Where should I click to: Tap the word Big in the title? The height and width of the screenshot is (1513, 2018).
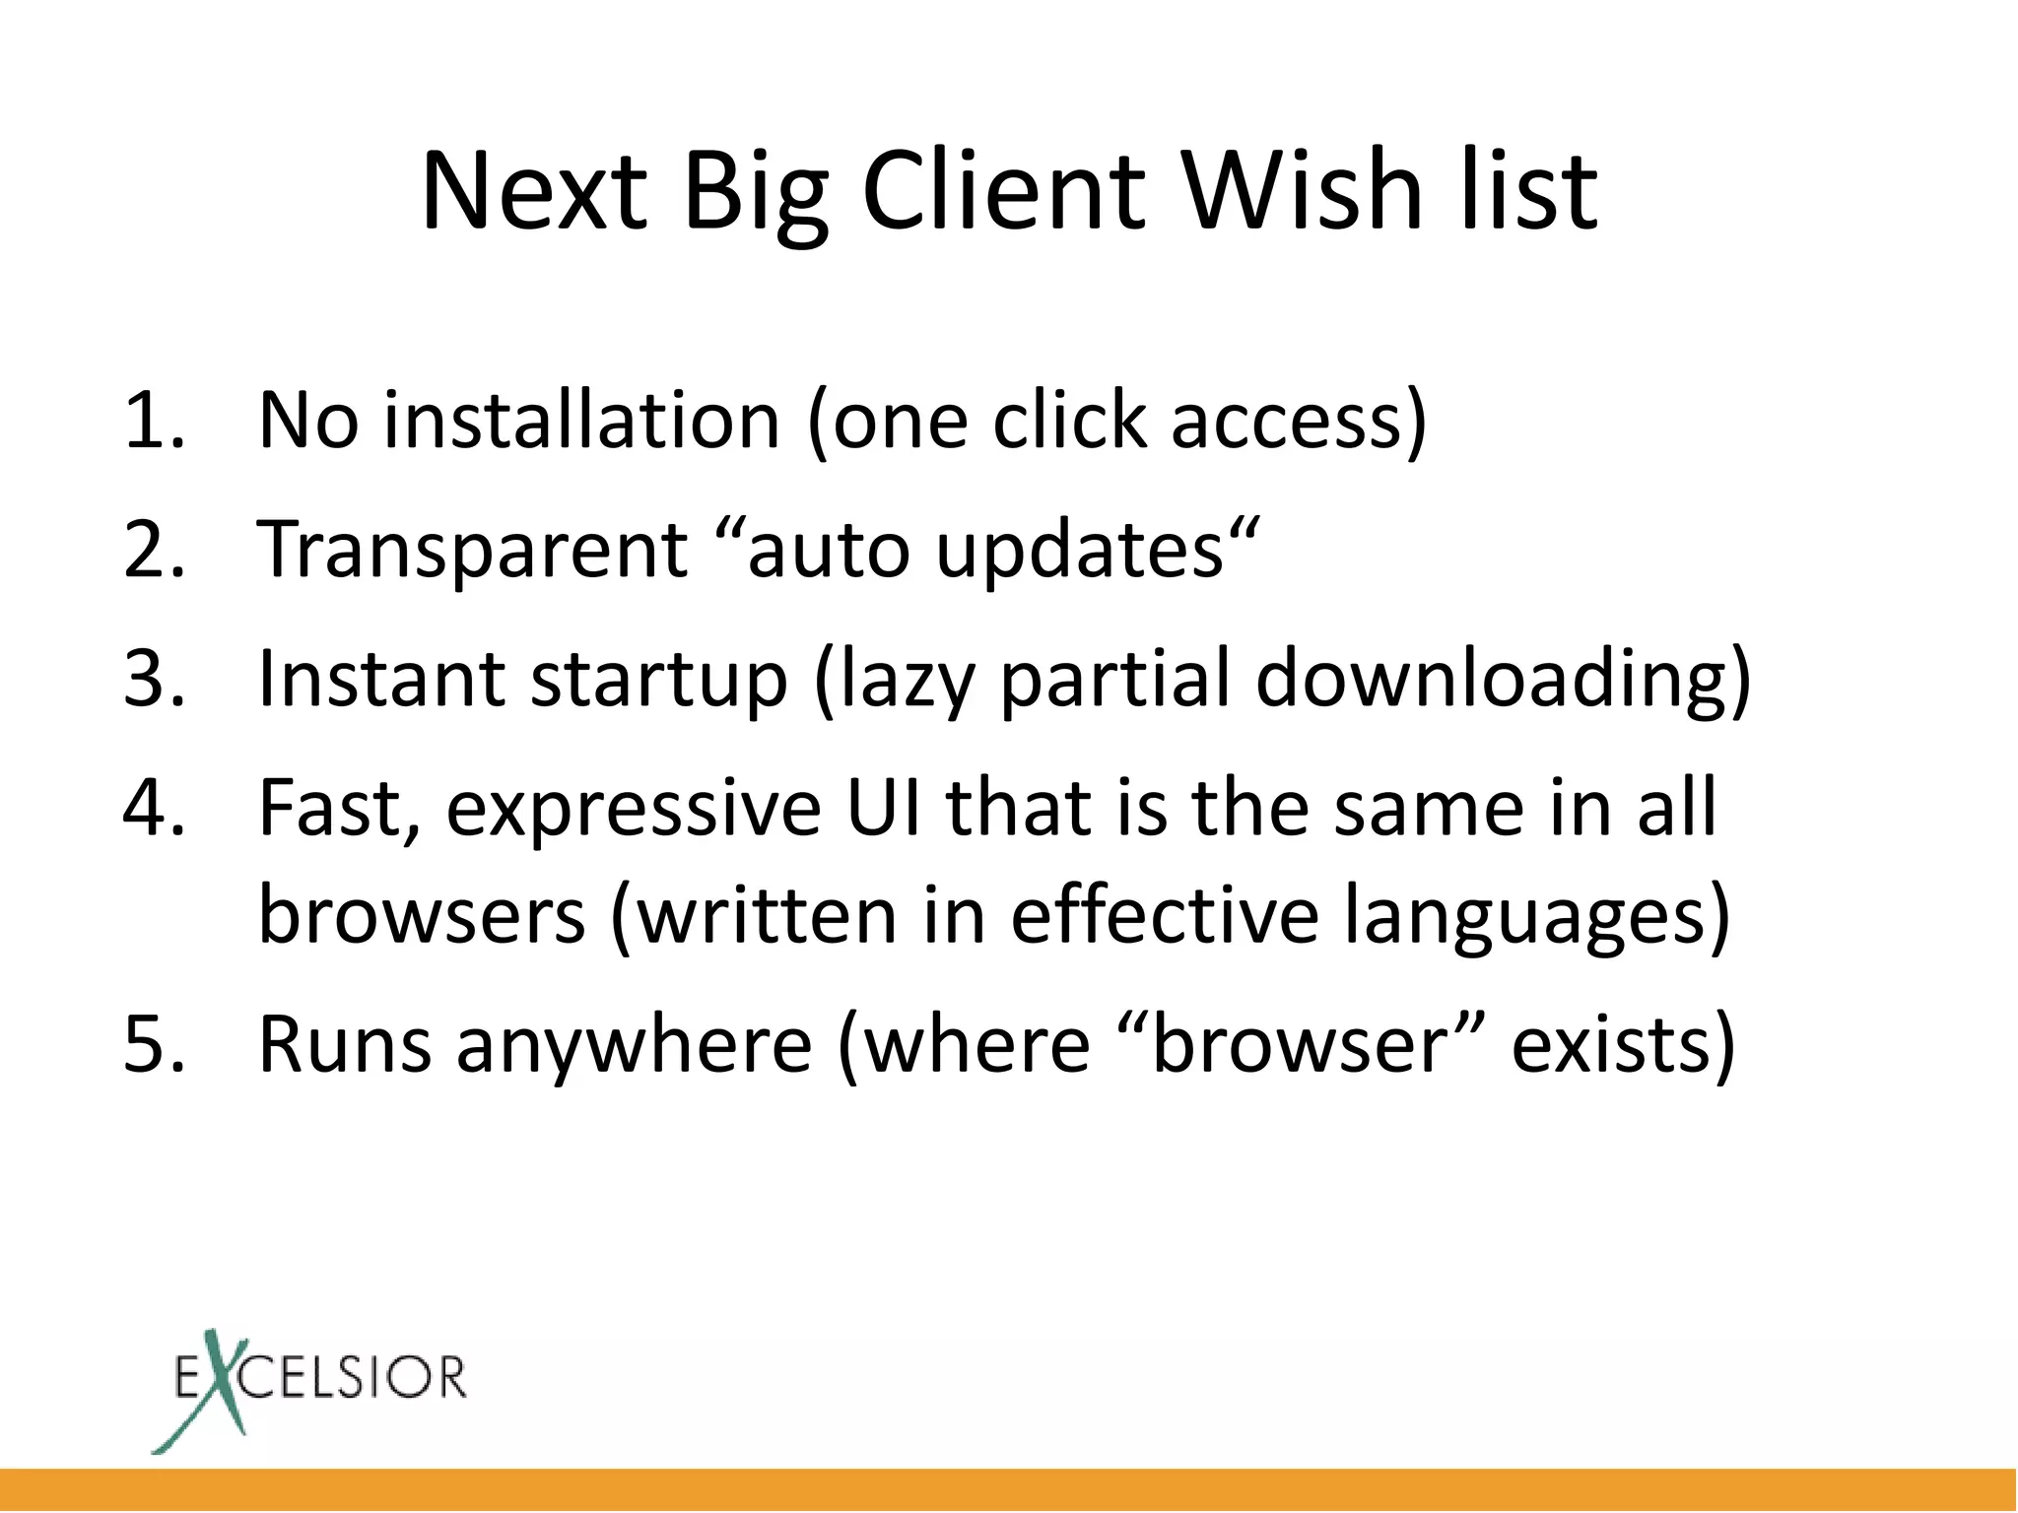(x=754, y=193)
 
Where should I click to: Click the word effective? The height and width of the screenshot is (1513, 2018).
(x=1164, y=915)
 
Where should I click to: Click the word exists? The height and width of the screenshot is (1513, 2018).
(x=1610, y=1044)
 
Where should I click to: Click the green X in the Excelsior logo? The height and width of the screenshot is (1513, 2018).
(x=213, y=1390)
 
